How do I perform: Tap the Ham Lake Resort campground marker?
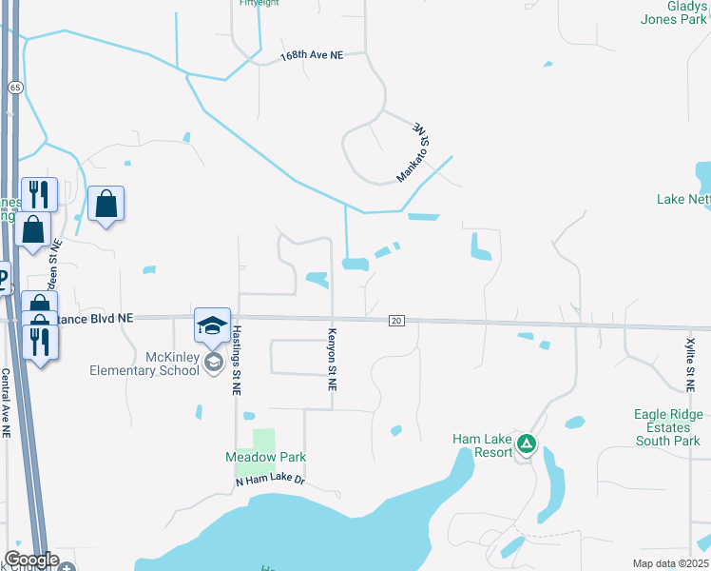point(526,443)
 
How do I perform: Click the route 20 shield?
point(396,322)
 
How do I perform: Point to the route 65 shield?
point(15,87)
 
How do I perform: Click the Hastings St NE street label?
point(236,359)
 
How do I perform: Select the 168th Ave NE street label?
point(311,56)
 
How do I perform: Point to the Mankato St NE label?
point(413,152)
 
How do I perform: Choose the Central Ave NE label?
point(6,403)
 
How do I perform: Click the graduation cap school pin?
point(212,326)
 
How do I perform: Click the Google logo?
point(31,561)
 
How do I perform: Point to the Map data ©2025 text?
point(670,563)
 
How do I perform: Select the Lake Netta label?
point(683,199)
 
